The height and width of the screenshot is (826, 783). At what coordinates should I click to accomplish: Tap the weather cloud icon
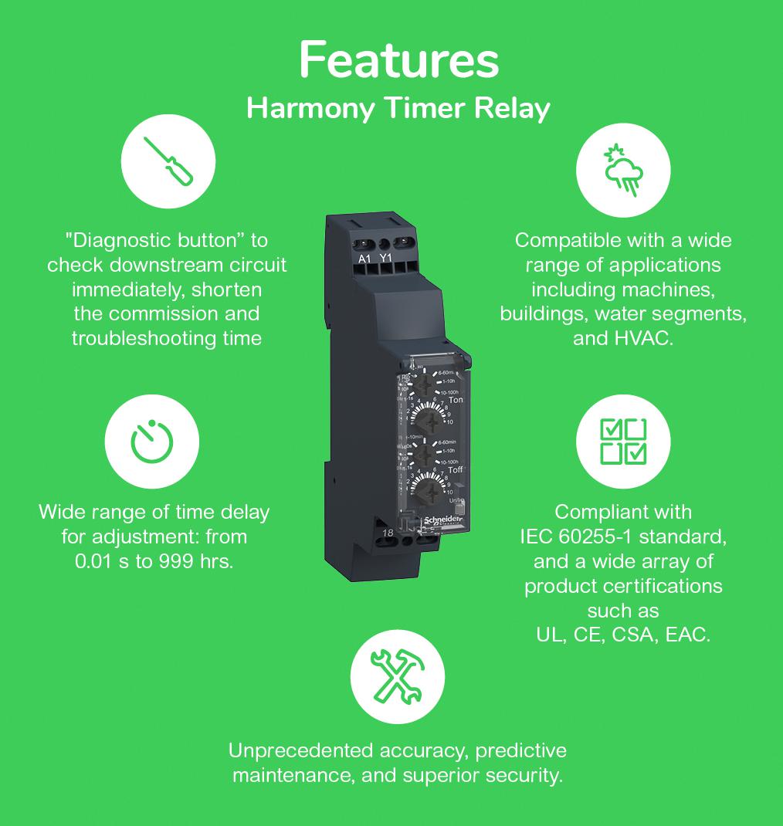click(623, 169)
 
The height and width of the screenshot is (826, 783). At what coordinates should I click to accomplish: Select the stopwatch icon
click(152, 443)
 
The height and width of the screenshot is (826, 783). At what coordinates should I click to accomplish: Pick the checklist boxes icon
click(623, 443)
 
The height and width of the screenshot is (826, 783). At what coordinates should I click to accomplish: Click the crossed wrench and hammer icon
click(397, 675)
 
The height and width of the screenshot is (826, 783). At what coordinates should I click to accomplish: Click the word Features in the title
click(398, 60)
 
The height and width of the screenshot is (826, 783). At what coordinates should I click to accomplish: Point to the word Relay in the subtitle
click(511, 108)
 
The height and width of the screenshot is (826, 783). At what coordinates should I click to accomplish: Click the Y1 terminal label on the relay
click(386, 259)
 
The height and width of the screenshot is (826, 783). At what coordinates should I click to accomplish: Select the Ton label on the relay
click(456, 400)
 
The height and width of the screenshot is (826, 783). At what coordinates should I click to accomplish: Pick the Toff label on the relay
click(456, 470)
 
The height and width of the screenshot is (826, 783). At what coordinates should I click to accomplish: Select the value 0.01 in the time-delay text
click(95, 560)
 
